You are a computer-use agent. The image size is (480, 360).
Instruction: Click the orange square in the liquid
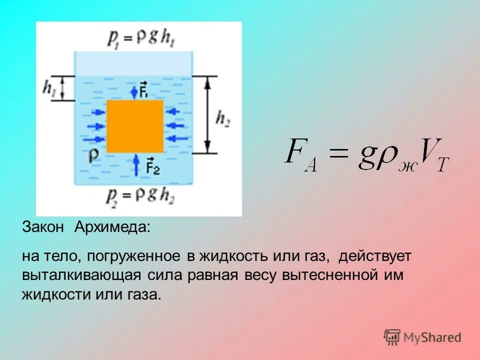135,126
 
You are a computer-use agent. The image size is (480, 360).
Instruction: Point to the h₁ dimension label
49,88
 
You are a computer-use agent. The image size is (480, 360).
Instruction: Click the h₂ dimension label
223,117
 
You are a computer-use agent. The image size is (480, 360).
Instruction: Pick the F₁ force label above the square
143,91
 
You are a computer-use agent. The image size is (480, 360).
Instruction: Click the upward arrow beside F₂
136,165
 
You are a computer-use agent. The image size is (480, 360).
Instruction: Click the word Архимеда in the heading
112,227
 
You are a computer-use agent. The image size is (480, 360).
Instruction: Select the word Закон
43,227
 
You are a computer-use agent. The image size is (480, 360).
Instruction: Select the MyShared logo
422,337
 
